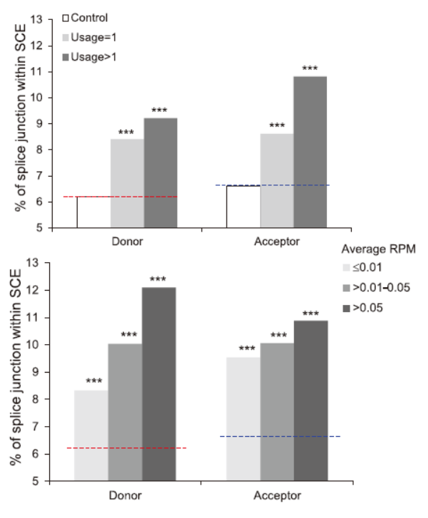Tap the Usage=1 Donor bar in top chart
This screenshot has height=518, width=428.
pyautogui.click(x=127, y=183)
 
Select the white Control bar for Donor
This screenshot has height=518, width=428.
pyautogui.click(x=93, y=212)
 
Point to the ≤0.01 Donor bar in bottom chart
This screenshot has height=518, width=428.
pyautogui.click(x=91, y=435)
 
